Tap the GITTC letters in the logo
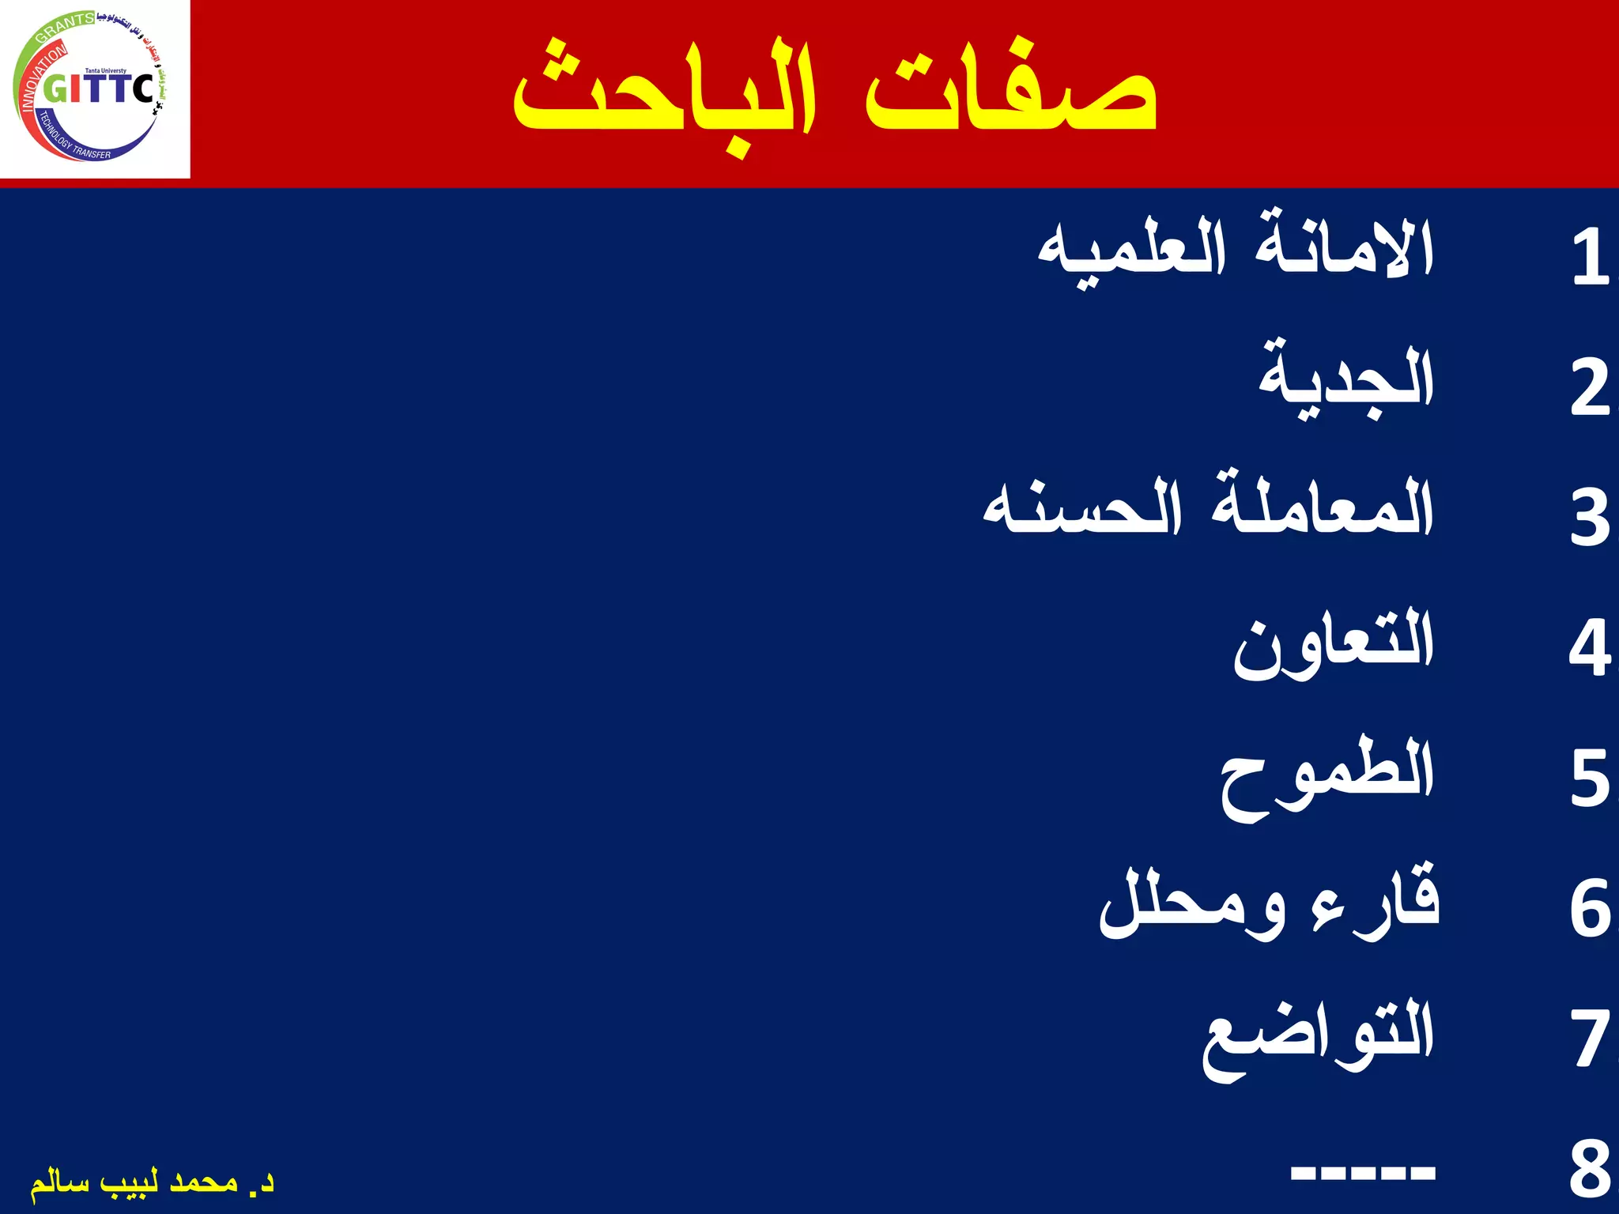point(99,89)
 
